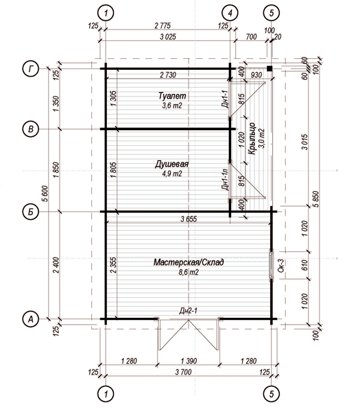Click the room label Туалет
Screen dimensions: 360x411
click(172, 96)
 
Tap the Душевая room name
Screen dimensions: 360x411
click(171, 164)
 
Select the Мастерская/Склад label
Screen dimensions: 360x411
click(189, 262)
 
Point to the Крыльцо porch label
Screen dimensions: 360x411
click(252, 138)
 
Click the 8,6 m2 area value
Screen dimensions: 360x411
click(189, 273)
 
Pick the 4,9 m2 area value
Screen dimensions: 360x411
click(172, 174)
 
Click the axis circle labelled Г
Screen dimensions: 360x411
click(32, 69)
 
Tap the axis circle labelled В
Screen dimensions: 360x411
click(31, 129)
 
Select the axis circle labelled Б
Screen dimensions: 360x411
click(31, 212)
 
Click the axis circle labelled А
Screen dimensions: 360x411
click(31, 319)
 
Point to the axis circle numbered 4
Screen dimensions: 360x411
click(230, 13)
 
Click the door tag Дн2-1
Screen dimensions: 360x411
click(188, 311)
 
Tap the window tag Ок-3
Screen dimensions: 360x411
click(281, 266)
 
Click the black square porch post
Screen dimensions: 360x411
click(269, 68)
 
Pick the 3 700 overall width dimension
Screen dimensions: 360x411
click(183, 372)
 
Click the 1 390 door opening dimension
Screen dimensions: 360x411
click(189, 361)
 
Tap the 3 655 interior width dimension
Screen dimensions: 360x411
click(189, 219)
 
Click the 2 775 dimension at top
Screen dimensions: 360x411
click(163, 26)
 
